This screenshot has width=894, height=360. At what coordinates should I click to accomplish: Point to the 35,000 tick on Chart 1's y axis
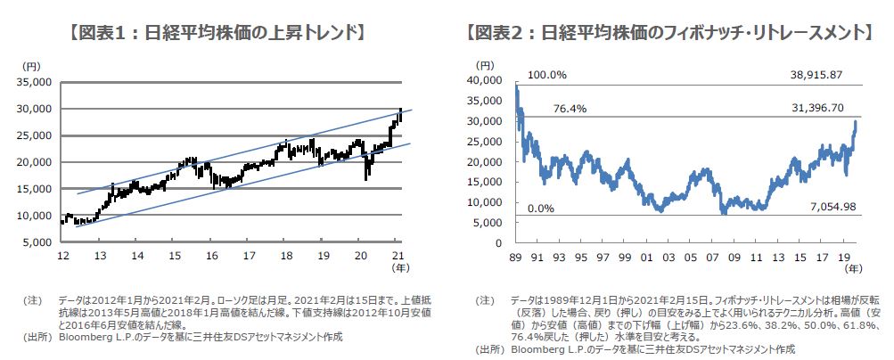pyautogui.click(x=37, y=82)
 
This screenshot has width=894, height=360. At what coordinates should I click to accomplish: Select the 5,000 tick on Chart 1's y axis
pyautogui.click(x=39, y=242)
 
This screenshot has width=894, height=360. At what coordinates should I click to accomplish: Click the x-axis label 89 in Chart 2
pyautogui.click(x=515, y=257)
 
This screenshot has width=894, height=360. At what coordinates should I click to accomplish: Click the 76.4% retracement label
pyautogui.click(x=547, y=108)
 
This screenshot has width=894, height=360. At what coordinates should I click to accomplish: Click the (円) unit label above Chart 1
pyautogui.click(x=31, y=66)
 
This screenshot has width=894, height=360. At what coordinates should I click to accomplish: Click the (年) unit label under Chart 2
pyautogui.click(x=853, y=267)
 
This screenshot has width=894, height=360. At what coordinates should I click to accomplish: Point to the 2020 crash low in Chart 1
pyautogui.click(x=366, y=179)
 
